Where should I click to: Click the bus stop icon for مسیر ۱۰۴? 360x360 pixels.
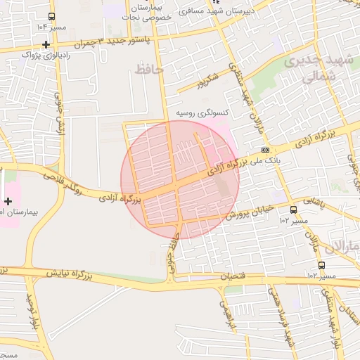pos(51,17)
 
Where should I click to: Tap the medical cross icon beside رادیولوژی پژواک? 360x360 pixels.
pos(46,44)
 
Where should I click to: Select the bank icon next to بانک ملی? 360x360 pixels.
pos(265,150)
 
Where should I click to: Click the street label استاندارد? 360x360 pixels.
pos(345,309)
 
